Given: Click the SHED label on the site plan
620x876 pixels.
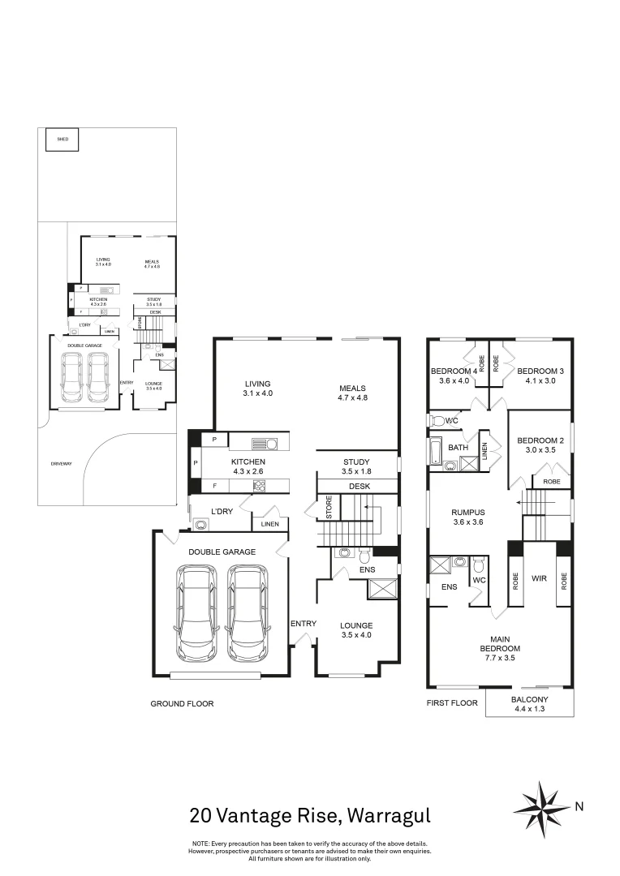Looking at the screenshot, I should point(62,140).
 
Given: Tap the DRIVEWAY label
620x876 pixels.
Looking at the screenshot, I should point(61,463).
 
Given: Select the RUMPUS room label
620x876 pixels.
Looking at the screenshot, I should point(468,513).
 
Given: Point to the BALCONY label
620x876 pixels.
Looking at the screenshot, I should point(529,699).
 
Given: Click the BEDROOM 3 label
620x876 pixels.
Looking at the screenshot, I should point(539,371).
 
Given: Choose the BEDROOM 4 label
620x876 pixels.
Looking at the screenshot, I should point(454,371).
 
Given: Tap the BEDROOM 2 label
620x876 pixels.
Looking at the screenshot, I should point(540,441).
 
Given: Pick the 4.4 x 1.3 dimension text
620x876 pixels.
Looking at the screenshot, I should point(529,710).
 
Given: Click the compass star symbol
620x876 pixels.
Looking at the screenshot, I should point(541,807).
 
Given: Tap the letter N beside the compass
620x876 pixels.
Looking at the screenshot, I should point(579,806).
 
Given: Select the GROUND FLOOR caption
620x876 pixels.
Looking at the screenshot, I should point(182,704).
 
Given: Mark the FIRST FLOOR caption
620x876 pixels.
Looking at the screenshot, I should point(452,704).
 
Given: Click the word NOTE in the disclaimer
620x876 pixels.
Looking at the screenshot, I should point(200,844).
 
